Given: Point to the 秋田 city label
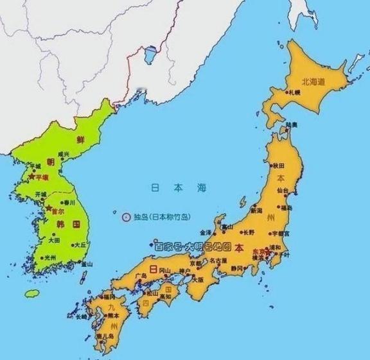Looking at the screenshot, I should tap(278, 166).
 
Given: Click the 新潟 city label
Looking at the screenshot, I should tap(256, 210).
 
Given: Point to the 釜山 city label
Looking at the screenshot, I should tap(85, 264).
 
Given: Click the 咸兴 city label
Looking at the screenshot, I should tap(63, 154).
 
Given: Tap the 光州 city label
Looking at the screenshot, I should tap(49, 257).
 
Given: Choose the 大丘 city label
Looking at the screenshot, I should tap(80, 244).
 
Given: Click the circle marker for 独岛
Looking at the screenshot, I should tap(126, 216).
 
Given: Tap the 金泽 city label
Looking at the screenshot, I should tap(206, 232).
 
